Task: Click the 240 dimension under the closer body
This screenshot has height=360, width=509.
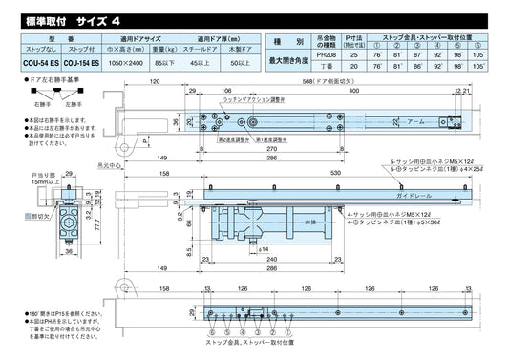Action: pos(274,259)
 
